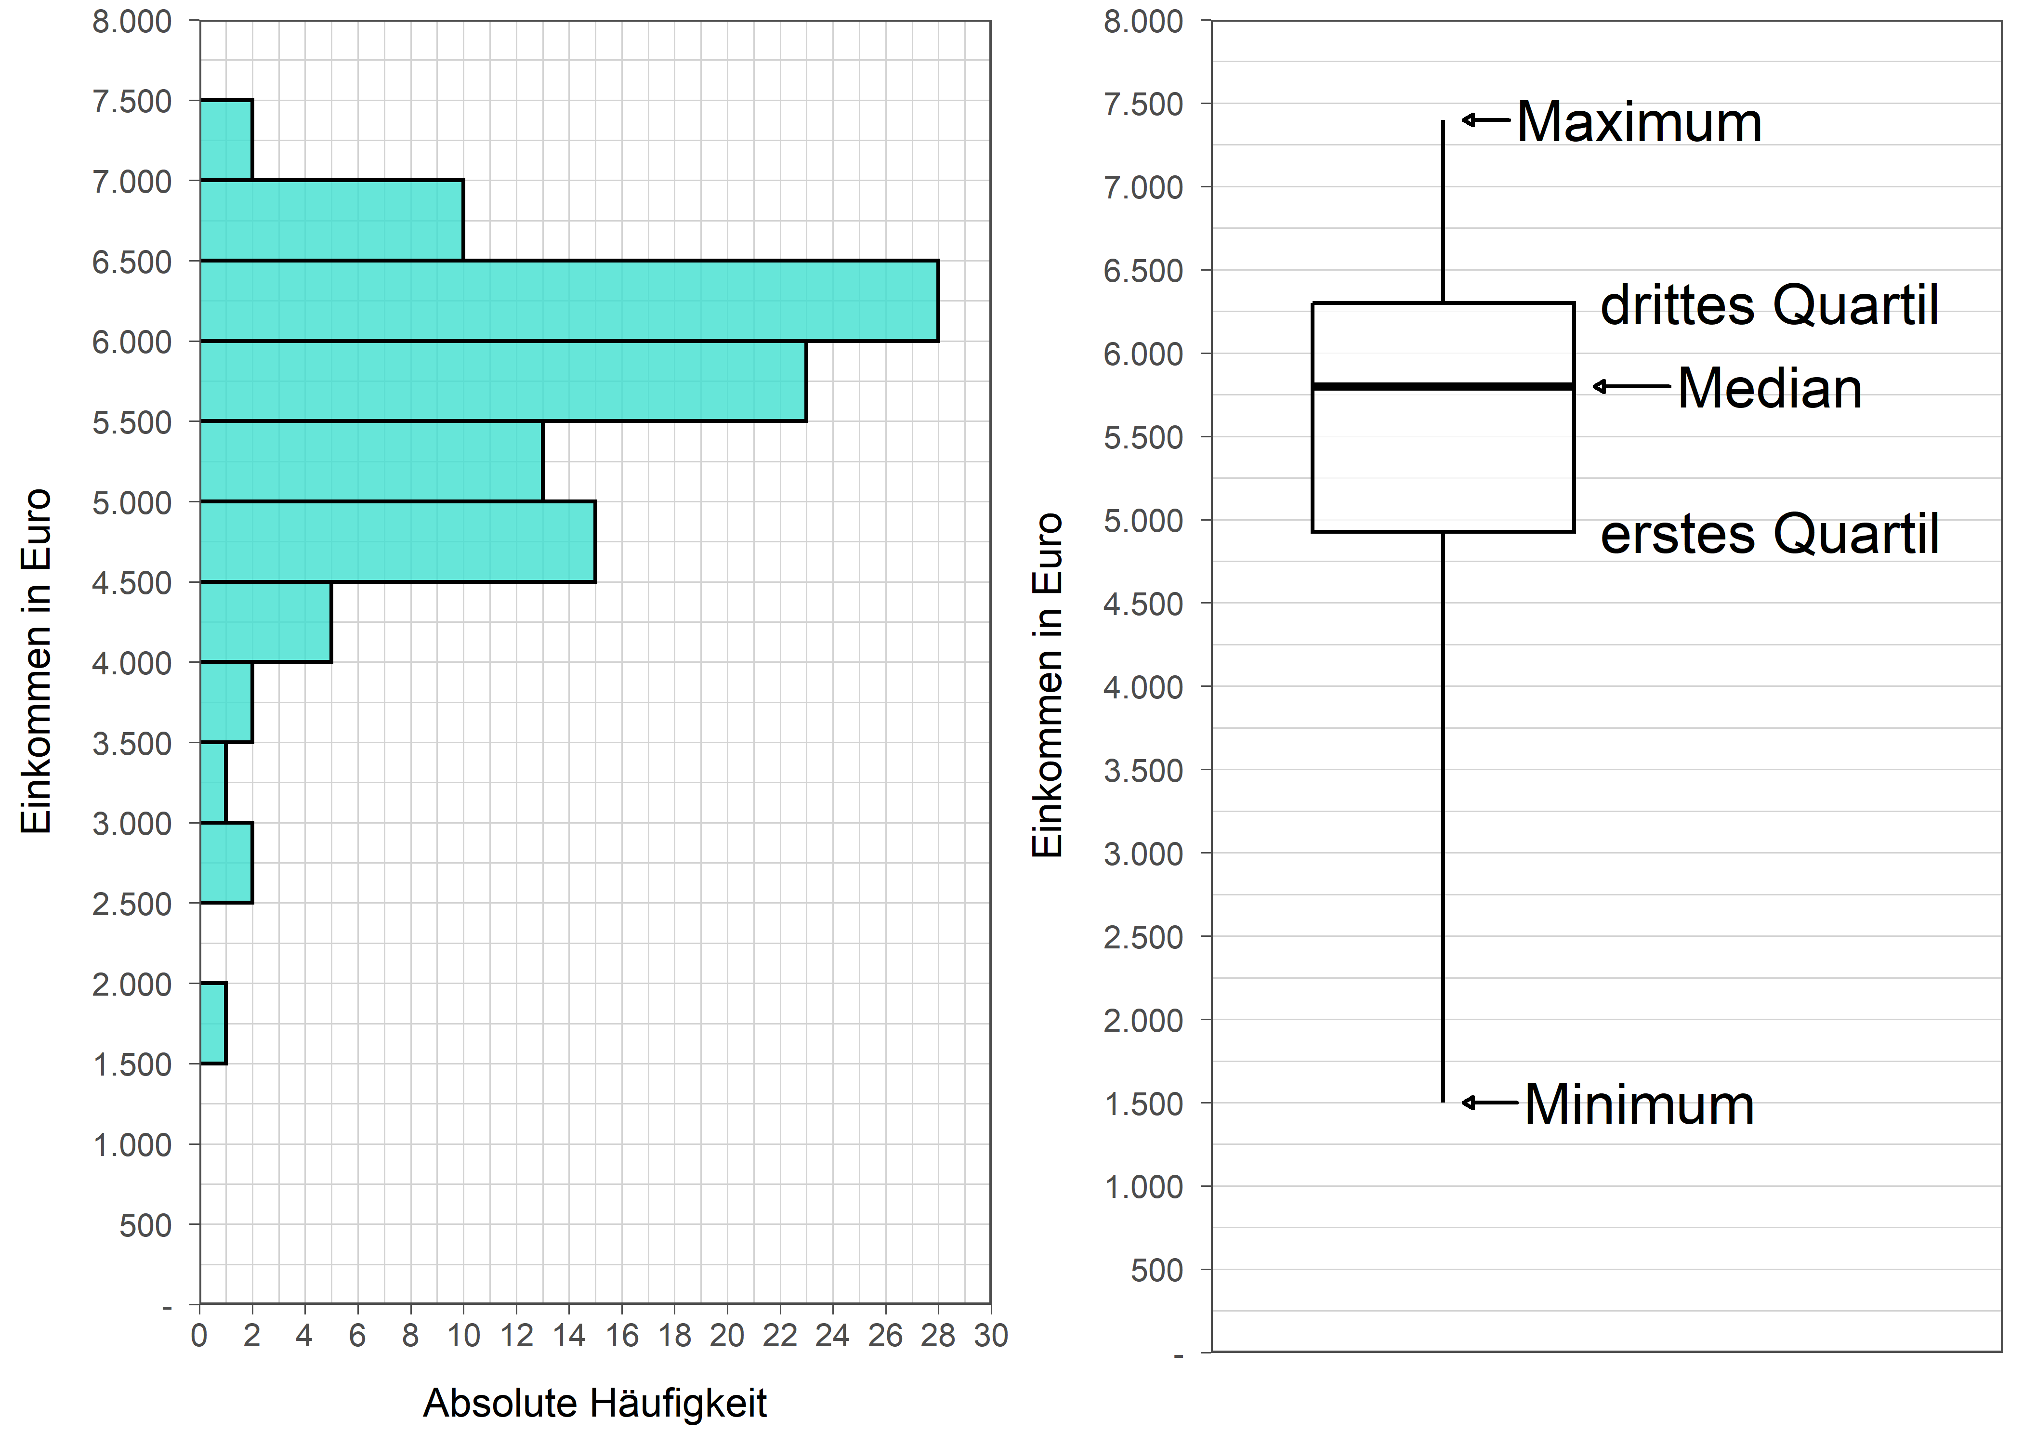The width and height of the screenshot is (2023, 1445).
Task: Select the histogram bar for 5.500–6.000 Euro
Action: [503, 381]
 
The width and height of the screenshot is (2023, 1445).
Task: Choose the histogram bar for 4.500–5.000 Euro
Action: [398, 541]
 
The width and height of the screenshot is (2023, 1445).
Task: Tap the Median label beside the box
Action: [1769, 389]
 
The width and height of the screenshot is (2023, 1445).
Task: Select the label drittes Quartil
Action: [1769, 305]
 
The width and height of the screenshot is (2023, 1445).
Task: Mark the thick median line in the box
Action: [1443, 386]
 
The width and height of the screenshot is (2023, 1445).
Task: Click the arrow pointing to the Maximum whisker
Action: [1485, 119]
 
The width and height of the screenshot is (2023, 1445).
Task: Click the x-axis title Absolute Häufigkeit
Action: [594, 1403]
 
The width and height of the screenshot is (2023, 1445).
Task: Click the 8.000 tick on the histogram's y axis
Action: [131, 21]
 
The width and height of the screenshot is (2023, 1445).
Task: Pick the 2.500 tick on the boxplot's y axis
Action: [1143, 937]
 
